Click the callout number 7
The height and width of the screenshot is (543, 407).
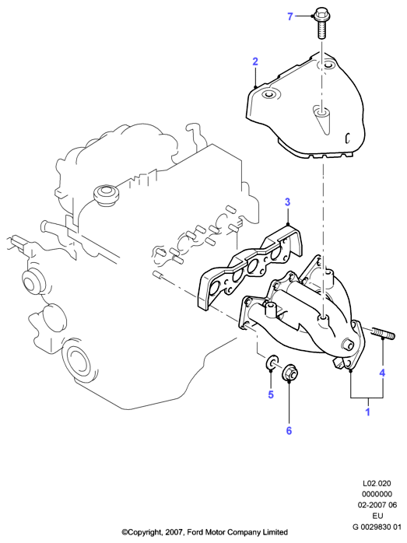[x=290, y=16]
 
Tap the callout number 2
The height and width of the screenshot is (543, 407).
[x=255, y=61]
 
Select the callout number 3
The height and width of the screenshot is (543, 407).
[x=287, y=202]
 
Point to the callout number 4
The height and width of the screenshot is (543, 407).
[x=382, y=373]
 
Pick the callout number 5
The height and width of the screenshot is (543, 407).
[x=271, y=394]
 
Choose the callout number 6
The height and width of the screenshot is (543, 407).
[x=289, y=430]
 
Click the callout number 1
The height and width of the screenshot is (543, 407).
[x=368, y=412]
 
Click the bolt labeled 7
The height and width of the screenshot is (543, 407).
[x=321, y=23]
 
